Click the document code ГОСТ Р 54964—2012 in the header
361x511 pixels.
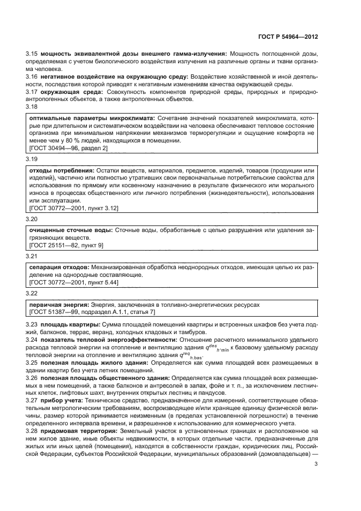[x=287, y=37]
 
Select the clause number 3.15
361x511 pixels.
[x=32, y=54]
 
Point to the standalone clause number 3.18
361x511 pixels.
[x=32, y=108]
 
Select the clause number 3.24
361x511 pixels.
[x=32, y=340]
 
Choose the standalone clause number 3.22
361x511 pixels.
[x=32, y=294]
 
